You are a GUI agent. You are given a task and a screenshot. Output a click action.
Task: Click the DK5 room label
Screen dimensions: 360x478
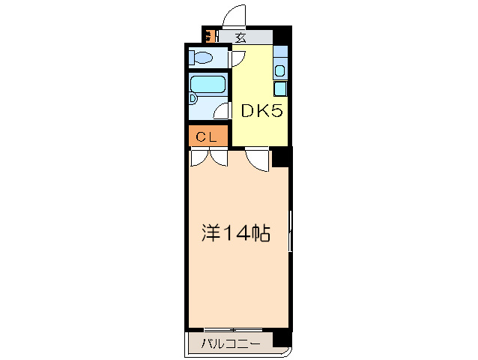260,112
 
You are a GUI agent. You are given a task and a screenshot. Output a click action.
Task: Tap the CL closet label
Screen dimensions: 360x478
207,137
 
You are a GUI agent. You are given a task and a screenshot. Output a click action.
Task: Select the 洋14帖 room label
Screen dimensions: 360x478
235,234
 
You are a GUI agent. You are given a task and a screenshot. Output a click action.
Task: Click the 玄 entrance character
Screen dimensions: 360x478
241,36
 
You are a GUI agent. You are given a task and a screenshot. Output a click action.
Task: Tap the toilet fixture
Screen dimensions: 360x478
201,57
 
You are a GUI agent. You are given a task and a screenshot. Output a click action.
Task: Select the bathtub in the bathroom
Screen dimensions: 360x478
208,84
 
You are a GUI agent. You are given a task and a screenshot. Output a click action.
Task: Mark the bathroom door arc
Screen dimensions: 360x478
222,112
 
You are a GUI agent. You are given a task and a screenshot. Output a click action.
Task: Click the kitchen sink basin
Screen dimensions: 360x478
279,70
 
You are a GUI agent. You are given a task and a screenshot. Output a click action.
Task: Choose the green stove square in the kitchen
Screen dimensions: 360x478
280,88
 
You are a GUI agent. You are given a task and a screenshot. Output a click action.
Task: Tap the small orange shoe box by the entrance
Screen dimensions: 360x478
209,35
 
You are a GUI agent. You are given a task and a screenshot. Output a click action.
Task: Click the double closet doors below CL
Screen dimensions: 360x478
209,157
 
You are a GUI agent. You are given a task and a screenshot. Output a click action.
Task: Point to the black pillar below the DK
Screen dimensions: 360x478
280,157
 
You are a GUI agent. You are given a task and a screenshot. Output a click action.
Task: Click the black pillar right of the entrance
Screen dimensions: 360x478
282,36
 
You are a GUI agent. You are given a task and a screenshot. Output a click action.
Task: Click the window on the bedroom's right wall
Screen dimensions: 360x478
291,232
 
